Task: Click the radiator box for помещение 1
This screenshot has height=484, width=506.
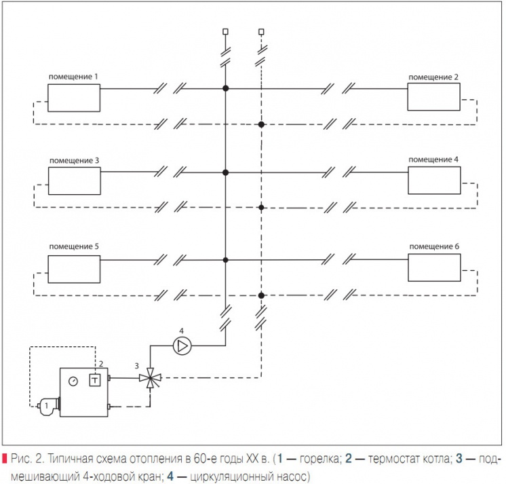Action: click(x=73, y=97)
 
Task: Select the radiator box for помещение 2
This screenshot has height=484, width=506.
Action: click(x=434, y=97)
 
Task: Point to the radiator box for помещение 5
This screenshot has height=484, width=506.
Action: click(x=73, y=268)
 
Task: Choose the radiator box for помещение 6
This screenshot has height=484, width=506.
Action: click(x=434, y=268)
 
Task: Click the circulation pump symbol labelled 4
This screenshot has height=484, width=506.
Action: click(x=182, y=346)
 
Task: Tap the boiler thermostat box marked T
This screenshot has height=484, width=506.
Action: click(x=96, y=379)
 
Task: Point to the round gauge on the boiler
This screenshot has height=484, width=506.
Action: click(x=73, y=381)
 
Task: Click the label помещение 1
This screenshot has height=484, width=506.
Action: click(x=73, y=77)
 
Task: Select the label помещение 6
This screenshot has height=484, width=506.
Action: click(x=434, y=246)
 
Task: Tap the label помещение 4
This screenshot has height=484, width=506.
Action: click(x=434, y=159)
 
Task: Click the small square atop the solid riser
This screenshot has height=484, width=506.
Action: click(x=225, y=31)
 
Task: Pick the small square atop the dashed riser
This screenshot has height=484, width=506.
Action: click(x=261, y=31)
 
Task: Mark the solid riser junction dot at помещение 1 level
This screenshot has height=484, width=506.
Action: click(x=225, y=88)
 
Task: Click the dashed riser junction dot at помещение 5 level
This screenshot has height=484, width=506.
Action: click(x=261, y=295)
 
